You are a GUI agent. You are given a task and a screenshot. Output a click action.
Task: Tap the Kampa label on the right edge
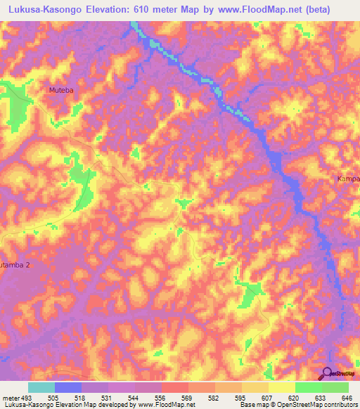tap(347, 179)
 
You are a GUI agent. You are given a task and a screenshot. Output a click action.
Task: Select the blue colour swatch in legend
tap(67, 387)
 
